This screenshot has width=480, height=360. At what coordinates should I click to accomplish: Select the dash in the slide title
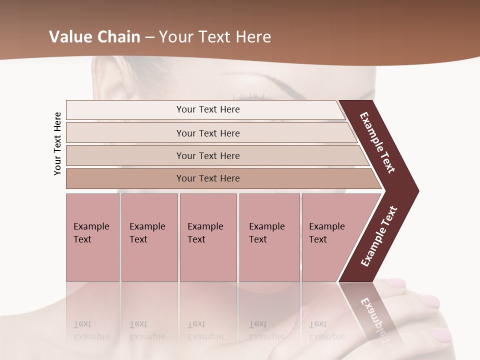click(149, 37)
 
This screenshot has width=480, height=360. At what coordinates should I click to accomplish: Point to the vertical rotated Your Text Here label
click(57, 143)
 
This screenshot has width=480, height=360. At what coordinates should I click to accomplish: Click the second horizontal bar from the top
click(208, 133)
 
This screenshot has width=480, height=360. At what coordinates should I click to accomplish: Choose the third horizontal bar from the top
click(208, 155)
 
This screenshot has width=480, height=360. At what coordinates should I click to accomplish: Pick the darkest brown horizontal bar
click(208, 178)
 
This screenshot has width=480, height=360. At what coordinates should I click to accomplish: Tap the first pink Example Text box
click(92, 237)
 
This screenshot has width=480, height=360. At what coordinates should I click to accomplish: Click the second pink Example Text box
click(149, 237)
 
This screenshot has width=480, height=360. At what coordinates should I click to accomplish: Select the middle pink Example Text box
click(208, 237)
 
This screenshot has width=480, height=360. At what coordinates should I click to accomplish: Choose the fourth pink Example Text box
click(269, 237)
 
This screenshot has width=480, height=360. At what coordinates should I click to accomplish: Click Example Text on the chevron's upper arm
click(377, 142)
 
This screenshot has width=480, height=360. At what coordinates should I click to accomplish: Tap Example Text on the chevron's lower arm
click(378, 236)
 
